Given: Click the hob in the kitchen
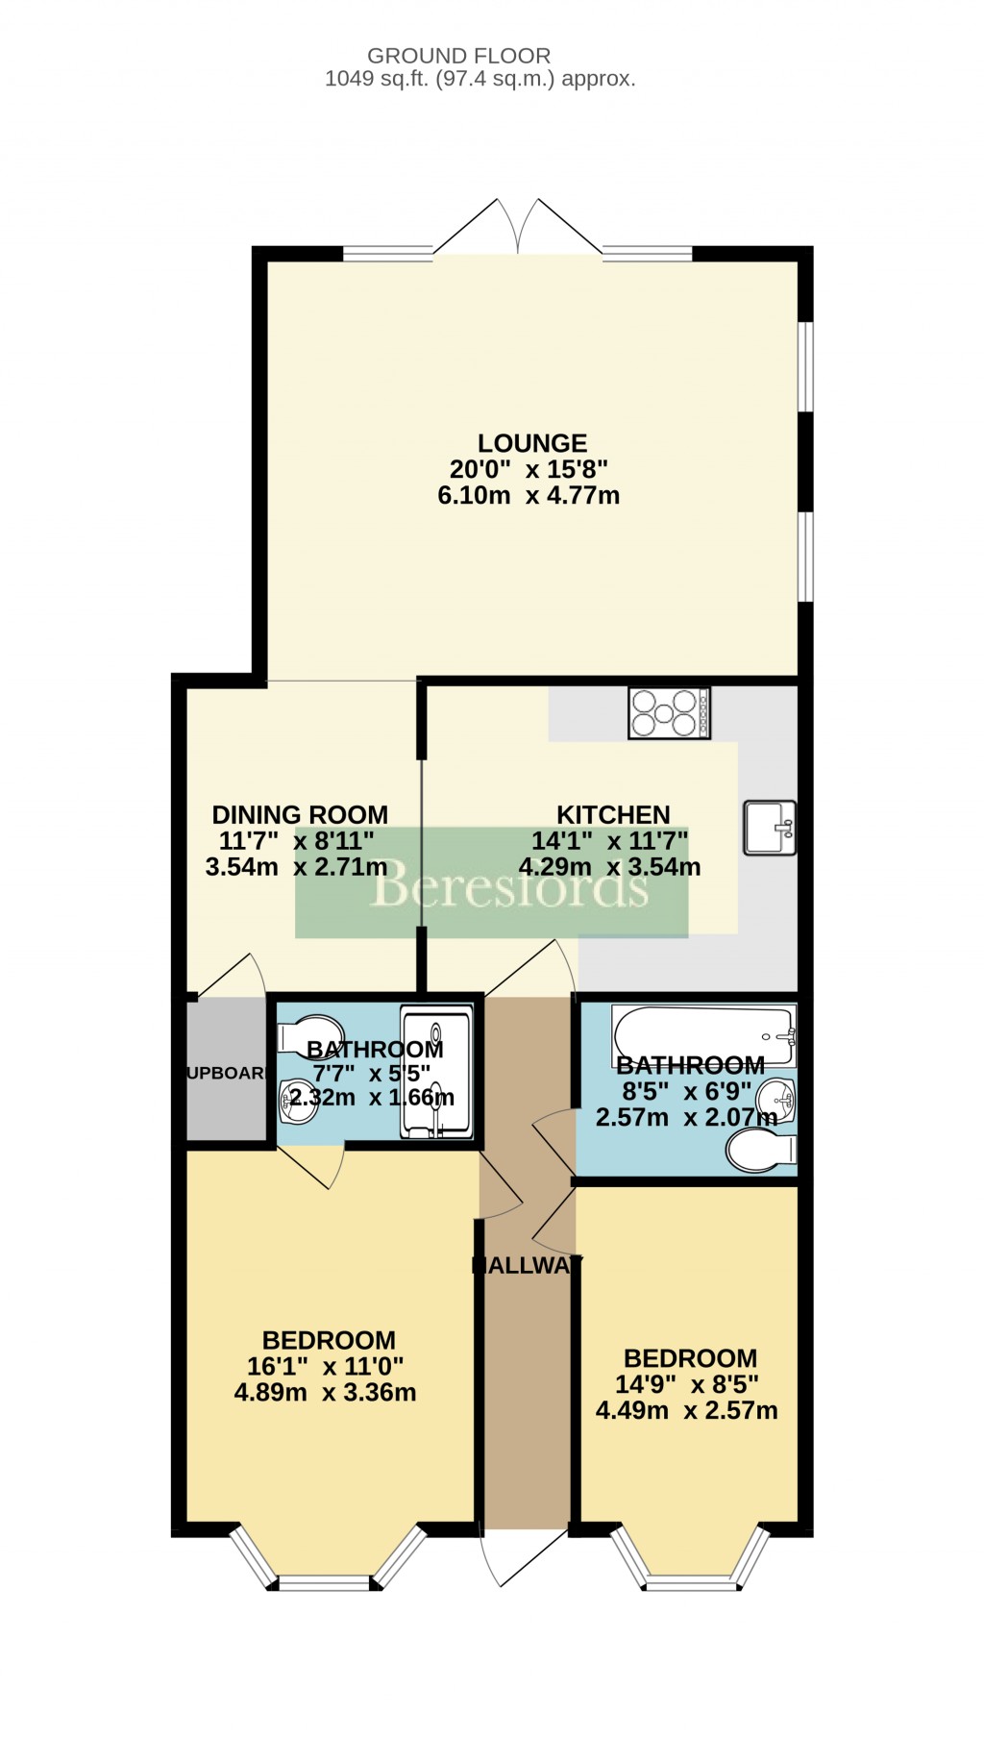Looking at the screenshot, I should [669, 713].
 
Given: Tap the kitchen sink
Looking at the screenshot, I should [769, 828].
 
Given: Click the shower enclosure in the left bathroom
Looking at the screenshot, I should [436, 1072].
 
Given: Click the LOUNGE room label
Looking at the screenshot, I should [532, 443].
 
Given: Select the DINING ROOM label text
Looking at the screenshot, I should [300, 814].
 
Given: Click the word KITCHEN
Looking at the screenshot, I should [613, 814].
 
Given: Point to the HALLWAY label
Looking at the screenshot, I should [527, 1266].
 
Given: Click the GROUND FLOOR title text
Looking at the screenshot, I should [458, 56].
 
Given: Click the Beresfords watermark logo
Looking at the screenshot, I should [509, 884].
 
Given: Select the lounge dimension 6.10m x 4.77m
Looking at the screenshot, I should [528, 496].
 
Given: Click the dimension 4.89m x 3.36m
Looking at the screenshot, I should [325, 1392].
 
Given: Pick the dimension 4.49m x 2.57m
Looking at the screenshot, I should [686, 1410].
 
